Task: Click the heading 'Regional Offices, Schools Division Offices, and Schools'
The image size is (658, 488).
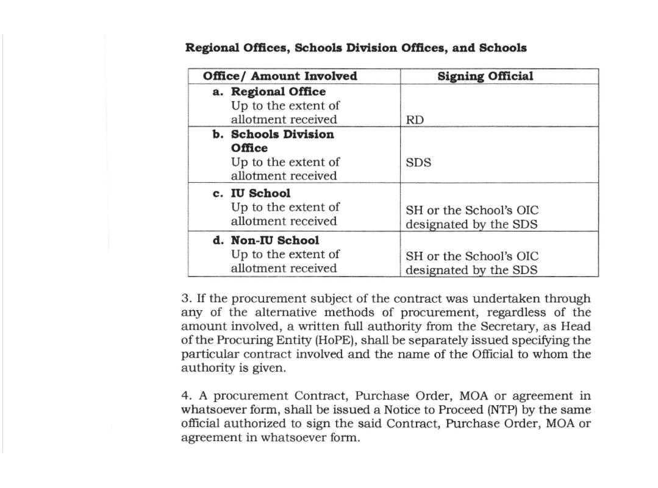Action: coord(356,48)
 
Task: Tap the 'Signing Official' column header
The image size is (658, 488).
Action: coord(485,76)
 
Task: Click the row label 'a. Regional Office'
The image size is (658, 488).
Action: coord(269,91)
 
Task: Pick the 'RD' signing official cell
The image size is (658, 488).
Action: coord(415,120)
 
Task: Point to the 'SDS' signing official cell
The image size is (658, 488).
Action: coord(418,163)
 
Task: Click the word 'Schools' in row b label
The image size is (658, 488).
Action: coord(252,134)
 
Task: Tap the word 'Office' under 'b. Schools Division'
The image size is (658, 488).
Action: coord(249,148)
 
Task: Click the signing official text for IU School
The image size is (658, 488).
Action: coord(472,217)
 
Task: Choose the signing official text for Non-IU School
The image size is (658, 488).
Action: coord(472,263)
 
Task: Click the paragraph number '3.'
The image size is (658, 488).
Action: coord(187,299)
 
